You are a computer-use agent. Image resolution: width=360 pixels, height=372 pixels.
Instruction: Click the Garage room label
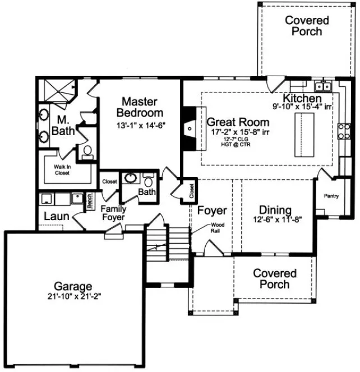click(x=70, y=286)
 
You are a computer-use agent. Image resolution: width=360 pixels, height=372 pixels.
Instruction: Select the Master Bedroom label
click(x=142, y=107)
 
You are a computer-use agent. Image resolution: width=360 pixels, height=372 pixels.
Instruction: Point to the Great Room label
click(x=238, y=122)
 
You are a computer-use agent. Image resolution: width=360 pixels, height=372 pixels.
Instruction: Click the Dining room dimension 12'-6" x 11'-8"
click(x=275, y=220)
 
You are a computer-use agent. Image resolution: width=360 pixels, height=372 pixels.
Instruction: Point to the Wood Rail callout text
click(x=218, y=227)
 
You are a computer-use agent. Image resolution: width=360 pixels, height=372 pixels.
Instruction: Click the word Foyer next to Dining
click(x=212, y=211)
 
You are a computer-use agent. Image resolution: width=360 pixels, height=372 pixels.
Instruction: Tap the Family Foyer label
click(x=113, y=213)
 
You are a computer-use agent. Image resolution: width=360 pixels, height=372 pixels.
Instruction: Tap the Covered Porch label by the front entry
click(x=275, y=278)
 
